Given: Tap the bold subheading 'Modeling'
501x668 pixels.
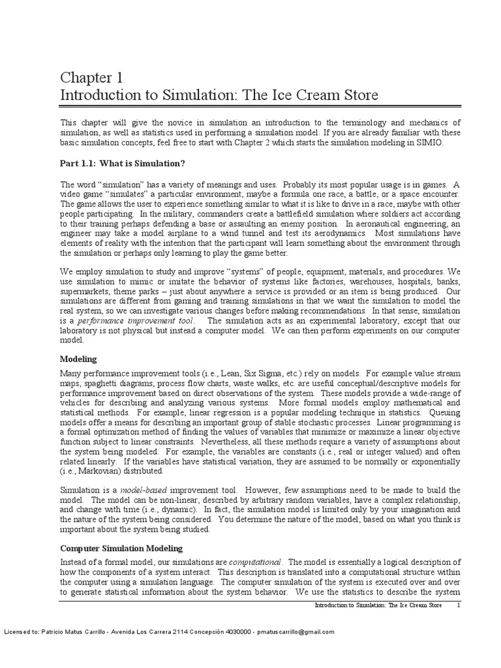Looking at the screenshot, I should point(78,359).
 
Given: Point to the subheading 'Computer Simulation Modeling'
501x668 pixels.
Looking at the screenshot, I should point(121,548).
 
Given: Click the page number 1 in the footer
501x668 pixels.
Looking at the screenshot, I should point(459,605).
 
